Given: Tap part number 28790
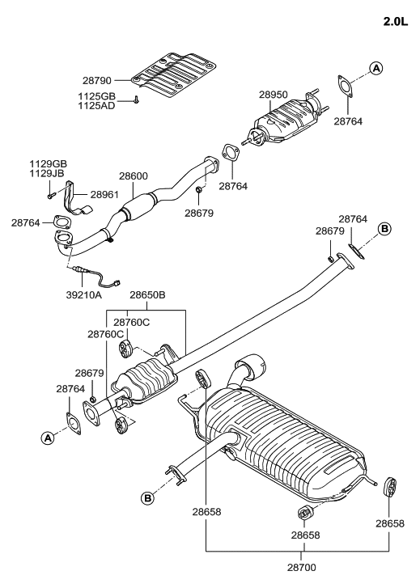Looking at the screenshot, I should click(100, 81).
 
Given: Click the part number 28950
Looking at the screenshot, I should click(274, 95).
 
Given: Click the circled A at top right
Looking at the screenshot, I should click(375, 68).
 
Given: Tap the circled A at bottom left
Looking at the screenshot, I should click(48, 438).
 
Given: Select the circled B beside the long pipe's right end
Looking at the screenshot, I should click(384, 229).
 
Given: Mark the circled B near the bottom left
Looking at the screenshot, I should click(148, 497).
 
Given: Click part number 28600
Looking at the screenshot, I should click(134, 176).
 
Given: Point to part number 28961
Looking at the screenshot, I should click(104, 195).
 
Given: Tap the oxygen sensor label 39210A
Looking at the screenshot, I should click(83, 295).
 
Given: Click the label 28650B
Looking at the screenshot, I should click(148, 296).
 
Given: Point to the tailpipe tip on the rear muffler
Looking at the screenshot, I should click(257, 366).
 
